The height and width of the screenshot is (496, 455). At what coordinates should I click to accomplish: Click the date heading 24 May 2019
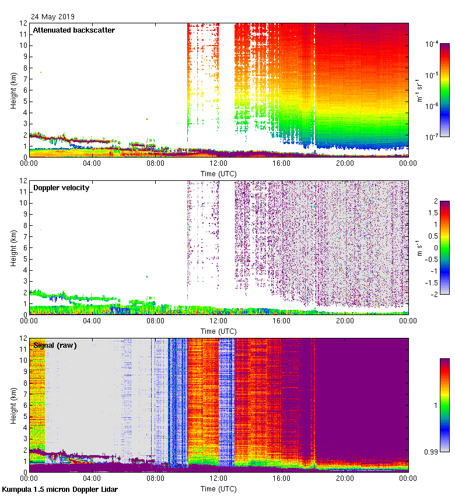(53, 17)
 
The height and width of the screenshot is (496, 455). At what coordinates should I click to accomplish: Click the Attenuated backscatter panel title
(73, 30)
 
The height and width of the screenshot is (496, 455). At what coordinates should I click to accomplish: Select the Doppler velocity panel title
(61, 187)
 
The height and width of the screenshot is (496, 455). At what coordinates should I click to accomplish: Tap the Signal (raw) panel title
(55, 345)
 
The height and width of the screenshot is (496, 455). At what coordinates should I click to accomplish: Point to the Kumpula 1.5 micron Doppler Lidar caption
(60, 489)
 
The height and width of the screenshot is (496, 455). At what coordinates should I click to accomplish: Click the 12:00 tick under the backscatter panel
(219, 163)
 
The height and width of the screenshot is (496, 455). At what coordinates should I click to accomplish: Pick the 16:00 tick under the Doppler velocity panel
(282, 321)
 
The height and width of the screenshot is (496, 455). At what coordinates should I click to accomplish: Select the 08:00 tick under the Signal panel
(156, 478)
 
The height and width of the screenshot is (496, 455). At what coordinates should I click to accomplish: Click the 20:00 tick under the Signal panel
(345, 478)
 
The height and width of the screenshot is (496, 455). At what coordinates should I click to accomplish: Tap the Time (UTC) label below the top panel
(219, 173)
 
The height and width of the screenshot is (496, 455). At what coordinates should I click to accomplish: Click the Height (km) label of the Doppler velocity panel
(13, 247)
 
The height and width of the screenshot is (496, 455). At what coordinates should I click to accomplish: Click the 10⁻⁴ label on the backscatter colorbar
(432, 44)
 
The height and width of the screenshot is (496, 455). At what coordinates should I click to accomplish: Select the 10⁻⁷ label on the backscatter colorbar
(432, 137)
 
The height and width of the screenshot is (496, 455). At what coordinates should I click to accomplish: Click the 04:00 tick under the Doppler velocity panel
(93, 321)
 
